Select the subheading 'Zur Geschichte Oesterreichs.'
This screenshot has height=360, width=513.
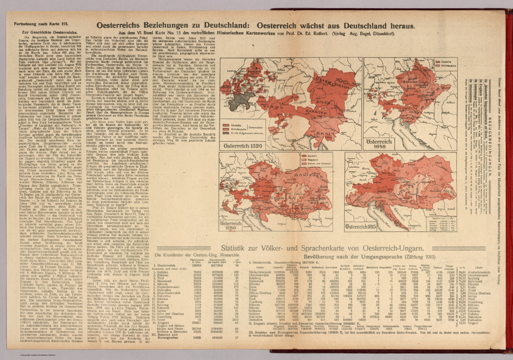click(x=45, y=32)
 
